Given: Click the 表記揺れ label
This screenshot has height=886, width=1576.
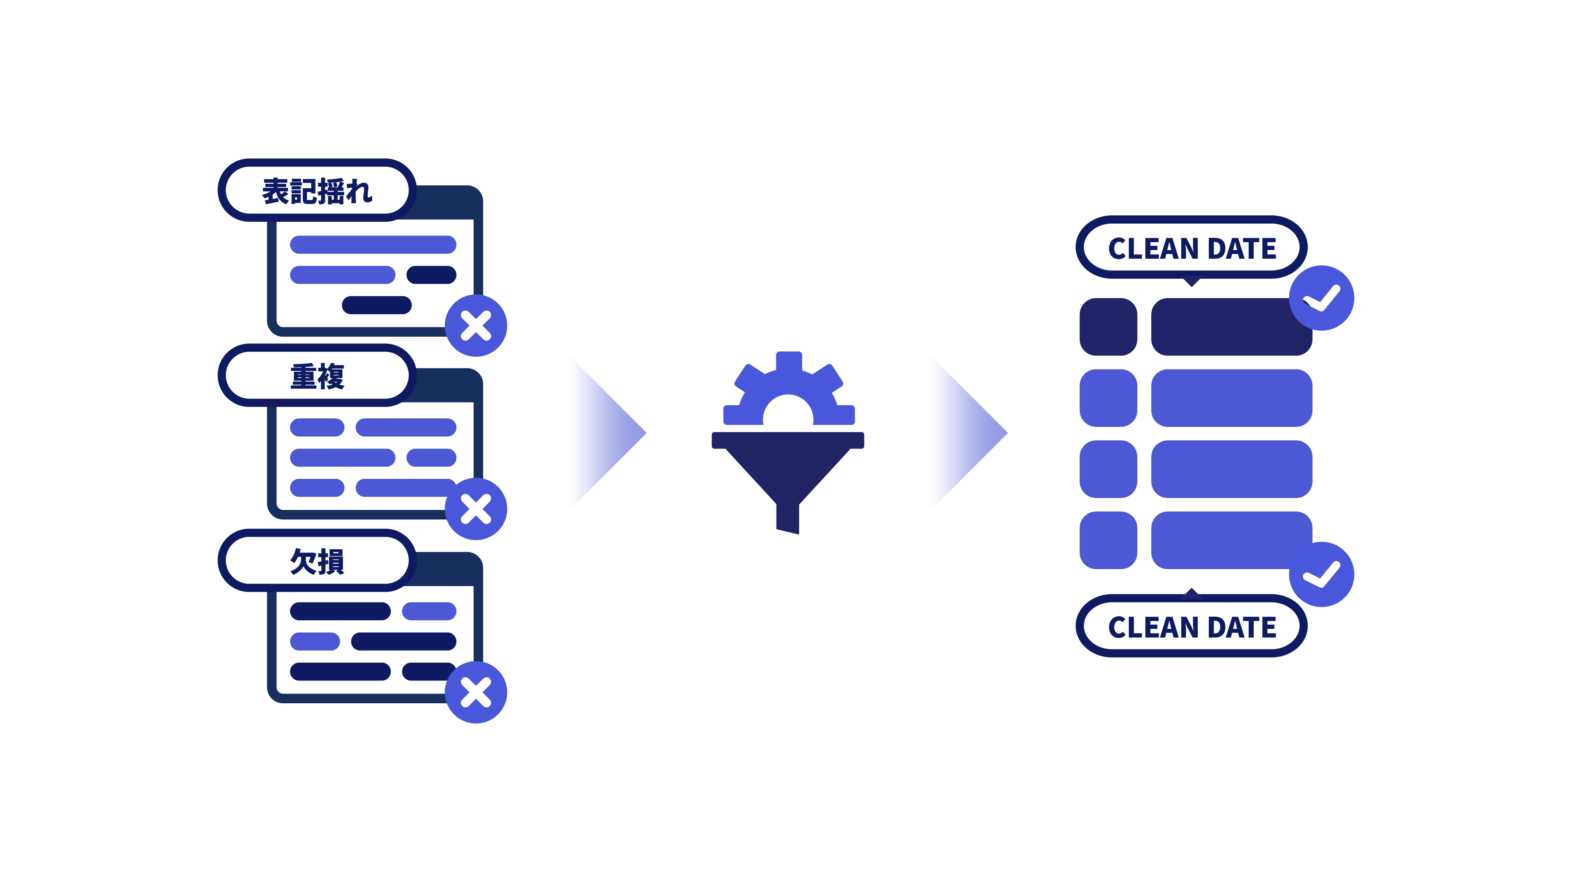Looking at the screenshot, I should point(316,190).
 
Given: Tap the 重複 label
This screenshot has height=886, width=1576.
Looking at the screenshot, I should point(316,375).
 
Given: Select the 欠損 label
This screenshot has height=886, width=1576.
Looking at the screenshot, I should point(316,561).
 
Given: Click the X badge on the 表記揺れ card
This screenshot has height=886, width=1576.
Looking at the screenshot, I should point(476,325).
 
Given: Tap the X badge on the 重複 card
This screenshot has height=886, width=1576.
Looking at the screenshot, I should point(476,509).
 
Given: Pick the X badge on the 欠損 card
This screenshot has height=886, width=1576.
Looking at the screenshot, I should point(476,692).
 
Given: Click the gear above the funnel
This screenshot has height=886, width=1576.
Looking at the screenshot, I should point(789,391).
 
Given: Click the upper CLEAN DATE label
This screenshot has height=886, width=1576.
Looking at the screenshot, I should point(1191,248).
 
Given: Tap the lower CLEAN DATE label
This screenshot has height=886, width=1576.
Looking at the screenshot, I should point(1191,626).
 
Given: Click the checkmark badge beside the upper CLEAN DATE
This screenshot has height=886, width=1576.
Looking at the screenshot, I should point(1321,298).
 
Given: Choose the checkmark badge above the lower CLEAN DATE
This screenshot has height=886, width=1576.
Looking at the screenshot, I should point(1321,574).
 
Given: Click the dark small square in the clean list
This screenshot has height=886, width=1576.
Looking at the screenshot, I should point(1108,326).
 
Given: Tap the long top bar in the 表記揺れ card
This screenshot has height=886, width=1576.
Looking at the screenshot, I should point(373,245).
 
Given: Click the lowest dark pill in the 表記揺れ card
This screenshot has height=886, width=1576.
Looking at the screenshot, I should point(376,305).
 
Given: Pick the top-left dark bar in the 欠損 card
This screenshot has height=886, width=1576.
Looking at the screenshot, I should point(340,611).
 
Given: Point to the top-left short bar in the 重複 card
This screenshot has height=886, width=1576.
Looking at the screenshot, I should point(317,427).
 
